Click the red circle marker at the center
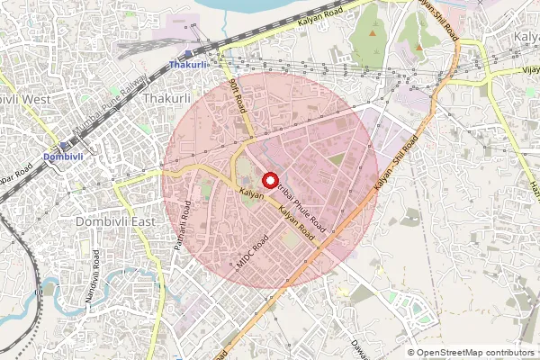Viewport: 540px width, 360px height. click(x=269, y=180)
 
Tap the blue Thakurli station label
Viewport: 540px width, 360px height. click(x=189, y=65)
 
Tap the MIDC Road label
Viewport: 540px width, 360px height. click(x=252, y=253)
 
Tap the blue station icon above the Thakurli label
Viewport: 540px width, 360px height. click(x=188, y=54)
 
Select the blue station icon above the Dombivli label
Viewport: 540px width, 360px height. click(x=65, y=146)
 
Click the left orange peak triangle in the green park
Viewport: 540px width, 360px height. click(x=373, y=33)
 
